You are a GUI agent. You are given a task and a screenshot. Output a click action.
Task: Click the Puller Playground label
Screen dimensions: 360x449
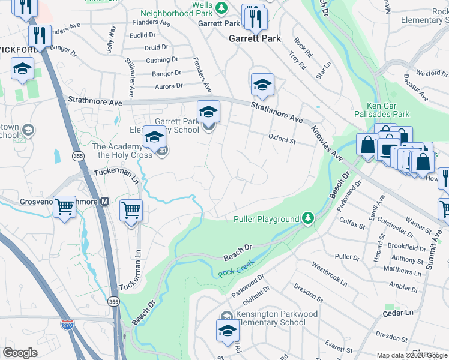(x=266, y=219)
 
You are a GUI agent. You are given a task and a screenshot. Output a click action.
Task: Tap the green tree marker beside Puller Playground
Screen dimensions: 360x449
(x=308, y=217)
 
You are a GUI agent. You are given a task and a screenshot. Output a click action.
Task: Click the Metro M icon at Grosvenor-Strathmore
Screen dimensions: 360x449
(x=104, y=202)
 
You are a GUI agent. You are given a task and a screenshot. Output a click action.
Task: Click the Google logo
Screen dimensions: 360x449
(x=20, y=353)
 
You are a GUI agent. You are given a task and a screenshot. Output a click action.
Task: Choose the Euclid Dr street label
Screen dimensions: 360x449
(x=142, y=35)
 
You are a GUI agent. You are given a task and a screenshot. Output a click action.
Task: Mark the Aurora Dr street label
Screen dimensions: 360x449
(x=168, y=86)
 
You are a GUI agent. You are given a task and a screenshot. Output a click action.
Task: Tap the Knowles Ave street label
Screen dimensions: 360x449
(x=326, y=143)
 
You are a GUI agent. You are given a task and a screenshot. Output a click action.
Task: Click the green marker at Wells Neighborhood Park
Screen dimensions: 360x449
(x=221, y=7)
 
